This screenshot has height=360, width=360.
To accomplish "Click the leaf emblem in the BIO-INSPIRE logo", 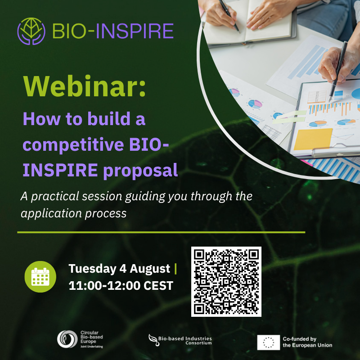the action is click(31, 31).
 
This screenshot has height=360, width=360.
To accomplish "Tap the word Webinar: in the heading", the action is click(85, 86).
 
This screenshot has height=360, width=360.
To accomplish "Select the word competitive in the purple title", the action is click(73, 145).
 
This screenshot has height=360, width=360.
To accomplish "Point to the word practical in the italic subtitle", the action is click(55, 197).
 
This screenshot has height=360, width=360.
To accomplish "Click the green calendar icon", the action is click(40, 277).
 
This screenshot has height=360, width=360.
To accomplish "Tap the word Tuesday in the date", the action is click(93, 269).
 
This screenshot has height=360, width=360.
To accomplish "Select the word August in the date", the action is click(150, 269).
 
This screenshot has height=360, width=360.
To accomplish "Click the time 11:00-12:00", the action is click(104, 286).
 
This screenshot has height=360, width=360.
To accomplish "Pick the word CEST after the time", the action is click(158, 286).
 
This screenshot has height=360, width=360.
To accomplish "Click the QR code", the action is click(226, 282).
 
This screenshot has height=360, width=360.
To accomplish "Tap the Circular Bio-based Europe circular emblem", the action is click(67, 339).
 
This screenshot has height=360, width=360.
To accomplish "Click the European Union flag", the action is click(268, 342).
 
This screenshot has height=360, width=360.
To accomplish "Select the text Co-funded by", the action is click(300, 339).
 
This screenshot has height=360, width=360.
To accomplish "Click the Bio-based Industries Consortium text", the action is click(185, 341).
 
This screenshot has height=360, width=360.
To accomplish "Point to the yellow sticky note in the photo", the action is click(313, 139).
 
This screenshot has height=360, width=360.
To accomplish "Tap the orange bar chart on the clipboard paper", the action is click(330, 109).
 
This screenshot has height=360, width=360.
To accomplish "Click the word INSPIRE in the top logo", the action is click(135, 31).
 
